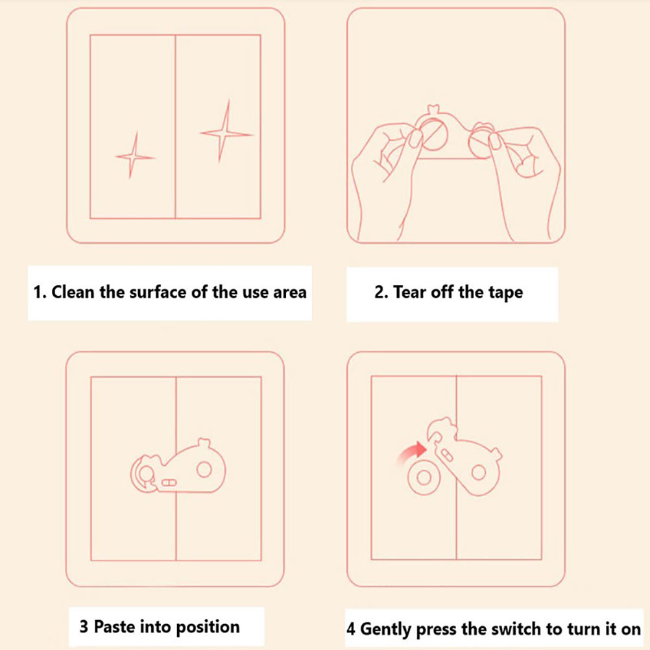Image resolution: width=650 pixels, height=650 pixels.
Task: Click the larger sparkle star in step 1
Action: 226,133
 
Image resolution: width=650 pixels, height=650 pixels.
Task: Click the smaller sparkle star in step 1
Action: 134,157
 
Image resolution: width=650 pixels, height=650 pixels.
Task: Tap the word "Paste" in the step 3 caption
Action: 114,627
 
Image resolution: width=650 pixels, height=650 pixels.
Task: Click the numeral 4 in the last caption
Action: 351,629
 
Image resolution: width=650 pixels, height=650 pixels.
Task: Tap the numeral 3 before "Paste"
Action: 84,627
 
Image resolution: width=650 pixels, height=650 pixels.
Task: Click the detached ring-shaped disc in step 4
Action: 424,478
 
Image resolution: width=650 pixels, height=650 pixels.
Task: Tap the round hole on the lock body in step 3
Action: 204,470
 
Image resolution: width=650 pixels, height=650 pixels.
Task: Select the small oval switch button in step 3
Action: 169,483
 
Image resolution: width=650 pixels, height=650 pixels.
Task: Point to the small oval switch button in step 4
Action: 448,454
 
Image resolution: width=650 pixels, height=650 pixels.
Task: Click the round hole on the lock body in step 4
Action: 478,472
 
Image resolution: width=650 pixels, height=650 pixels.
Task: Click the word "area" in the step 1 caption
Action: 290,293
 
